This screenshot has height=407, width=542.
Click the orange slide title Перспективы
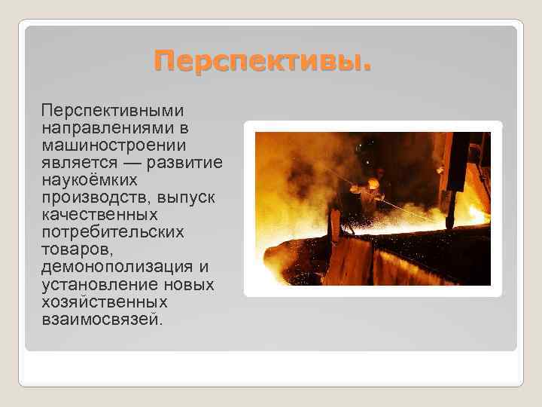263,60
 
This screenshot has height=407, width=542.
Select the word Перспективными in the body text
109,111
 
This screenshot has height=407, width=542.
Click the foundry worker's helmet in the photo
373,182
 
